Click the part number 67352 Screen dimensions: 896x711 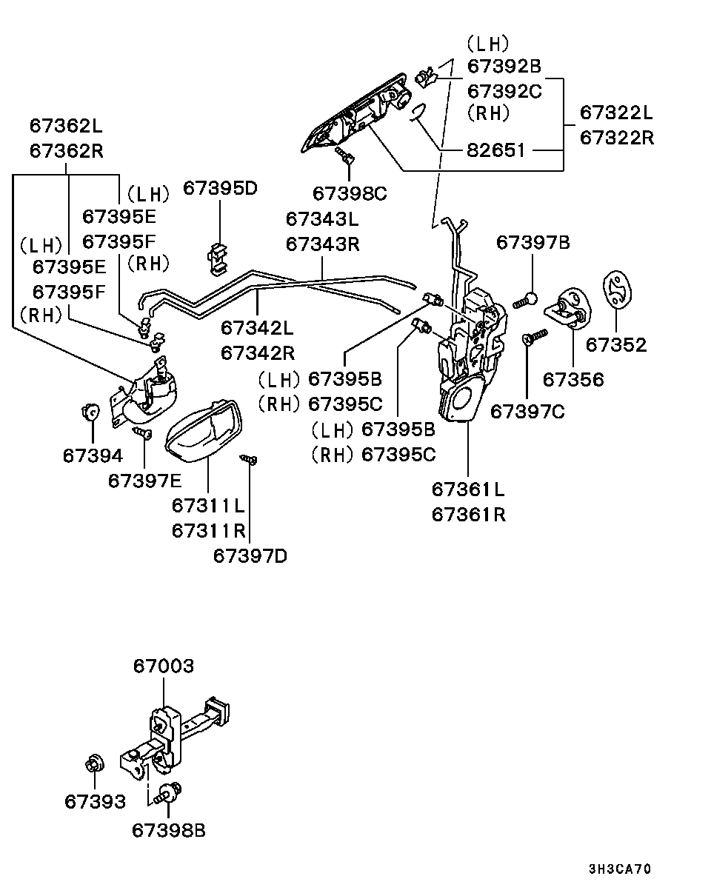coord(615,345)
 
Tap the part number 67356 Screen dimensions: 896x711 coord(573,379)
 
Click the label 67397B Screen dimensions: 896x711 coord(533,242)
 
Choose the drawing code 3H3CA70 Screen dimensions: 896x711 coord(620,869)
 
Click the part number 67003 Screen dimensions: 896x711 coord(164,666)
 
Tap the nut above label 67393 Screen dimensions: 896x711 coord(94,763)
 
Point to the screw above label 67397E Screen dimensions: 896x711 coord(141,431)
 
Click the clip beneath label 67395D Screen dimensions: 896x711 coord(216,254)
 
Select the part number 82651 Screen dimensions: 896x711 coord(495,150)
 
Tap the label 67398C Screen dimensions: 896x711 coord(350,194)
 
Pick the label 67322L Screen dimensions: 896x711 coord(616,113)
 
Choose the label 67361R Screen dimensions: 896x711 coord(468,514)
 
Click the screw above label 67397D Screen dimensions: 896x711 coord(250,460)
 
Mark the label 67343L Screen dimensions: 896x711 coord(322,219)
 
